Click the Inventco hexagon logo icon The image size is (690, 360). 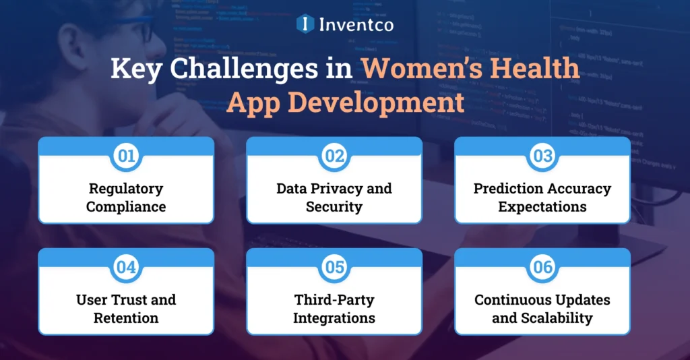pos(305,24)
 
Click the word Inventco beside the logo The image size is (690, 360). pos(356,25)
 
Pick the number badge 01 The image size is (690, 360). pos(126,156)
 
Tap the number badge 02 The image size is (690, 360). pos(334,156)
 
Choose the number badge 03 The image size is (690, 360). pos(542,156)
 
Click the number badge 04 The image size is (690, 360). pos(126,268)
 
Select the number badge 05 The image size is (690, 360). pos(334,268)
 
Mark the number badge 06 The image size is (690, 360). pos(542,268)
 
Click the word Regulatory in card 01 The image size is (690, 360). pos(126,189)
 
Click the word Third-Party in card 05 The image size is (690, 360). pos(334,299)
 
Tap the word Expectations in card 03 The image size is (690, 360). pos(542,206)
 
